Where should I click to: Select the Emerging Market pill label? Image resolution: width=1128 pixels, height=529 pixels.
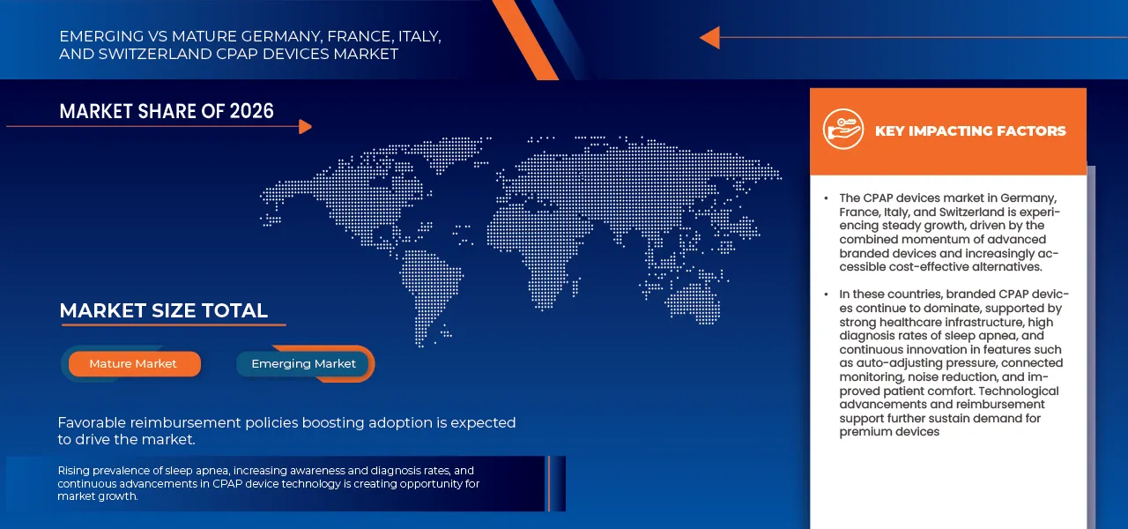point(304,364)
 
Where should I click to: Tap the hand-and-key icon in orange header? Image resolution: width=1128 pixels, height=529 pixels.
point(843,129)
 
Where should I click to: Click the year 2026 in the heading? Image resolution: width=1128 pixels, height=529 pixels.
point(251,111)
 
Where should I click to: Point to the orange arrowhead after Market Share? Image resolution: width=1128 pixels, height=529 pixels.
point(305,126)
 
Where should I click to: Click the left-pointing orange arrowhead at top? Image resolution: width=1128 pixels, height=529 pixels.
point(710,37)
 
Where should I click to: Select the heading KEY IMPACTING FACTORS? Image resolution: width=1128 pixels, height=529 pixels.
point(970,131)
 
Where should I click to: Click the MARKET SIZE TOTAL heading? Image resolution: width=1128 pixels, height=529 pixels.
point(163,311)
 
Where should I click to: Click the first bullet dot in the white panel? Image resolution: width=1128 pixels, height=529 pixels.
point(826,198)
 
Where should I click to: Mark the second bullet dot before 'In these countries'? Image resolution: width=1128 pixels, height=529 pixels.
point(826,294)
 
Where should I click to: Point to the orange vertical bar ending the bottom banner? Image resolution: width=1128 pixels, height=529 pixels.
point(549,484)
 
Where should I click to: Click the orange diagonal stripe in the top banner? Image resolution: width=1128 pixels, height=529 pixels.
point(525,40)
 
